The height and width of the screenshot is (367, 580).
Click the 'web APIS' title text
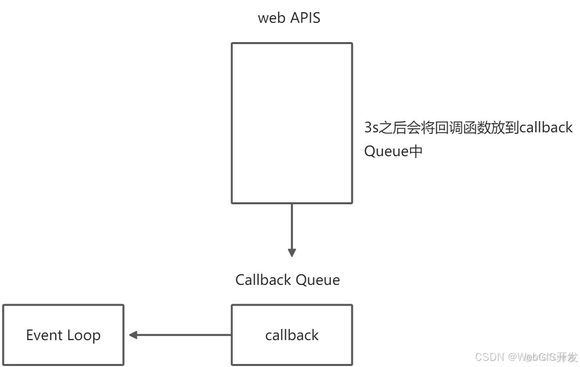[x=289, y=18]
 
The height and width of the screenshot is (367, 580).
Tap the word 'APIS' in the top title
[x=305, y=18]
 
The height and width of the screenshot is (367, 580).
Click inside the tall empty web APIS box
[x=292, y=123]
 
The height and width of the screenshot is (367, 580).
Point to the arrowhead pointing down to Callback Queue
[x=292, y=252]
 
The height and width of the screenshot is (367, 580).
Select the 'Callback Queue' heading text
[x=287, y=280]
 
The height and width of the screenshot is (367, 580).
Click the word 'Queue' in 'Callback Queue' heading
[x=318, y=280]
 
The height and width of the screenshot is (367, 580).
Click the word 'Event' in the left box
[x=44, y=335]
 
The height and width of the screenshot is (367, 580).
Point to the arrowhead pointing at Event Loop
[x=133, y=335]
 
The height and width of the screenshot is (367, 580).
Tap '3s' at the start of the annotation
[x=371, y=128]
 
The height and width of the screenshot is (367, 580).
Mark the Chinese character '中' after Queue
[x=416, y=152]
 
